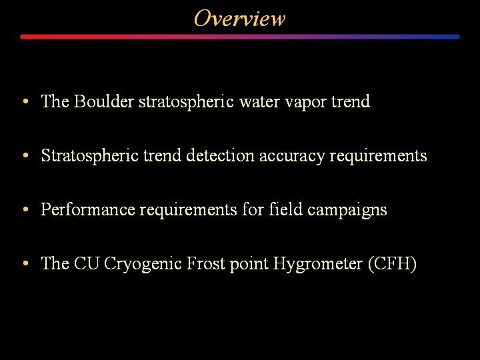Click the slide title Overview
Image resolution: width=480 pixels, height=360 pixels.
point(240,19)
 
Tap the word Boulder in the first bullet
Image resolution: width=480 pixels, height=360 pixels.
point(103,101)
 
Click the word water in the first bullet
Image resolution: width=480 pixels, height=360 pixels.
point(259,101)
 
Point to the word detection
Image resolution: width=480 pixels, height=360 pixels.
point(220,155)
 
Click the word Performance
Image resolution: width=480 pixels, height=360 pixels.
point(87,209)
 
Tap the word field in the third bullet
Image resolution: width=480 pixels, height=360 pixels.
point(285,209)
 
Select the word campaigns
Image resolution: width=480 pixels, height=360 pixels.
point(347,210)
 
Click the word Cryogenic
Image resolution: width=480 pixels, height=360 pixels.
point(143,263)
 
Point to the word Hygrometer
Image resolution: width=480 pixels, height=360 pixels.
point(318,263)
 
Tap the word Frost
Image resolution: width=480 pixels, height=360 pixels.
point(206,263)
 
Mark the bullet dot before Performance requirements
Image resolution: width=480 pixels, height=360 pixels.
point(26,209)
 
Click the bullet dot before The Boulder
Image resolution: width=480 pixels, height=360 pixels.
point(26,101)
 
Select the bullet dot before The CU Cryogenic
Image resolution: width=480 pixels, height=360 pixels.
point(26,263)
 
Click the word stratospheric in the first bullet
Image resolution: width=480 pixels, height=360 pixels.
point(187,101)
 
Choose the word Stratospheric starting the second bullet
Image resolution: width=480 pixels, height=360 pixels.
point(90,155)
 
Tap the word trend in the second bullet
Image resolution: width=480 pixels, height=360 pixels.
point(162,155)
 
